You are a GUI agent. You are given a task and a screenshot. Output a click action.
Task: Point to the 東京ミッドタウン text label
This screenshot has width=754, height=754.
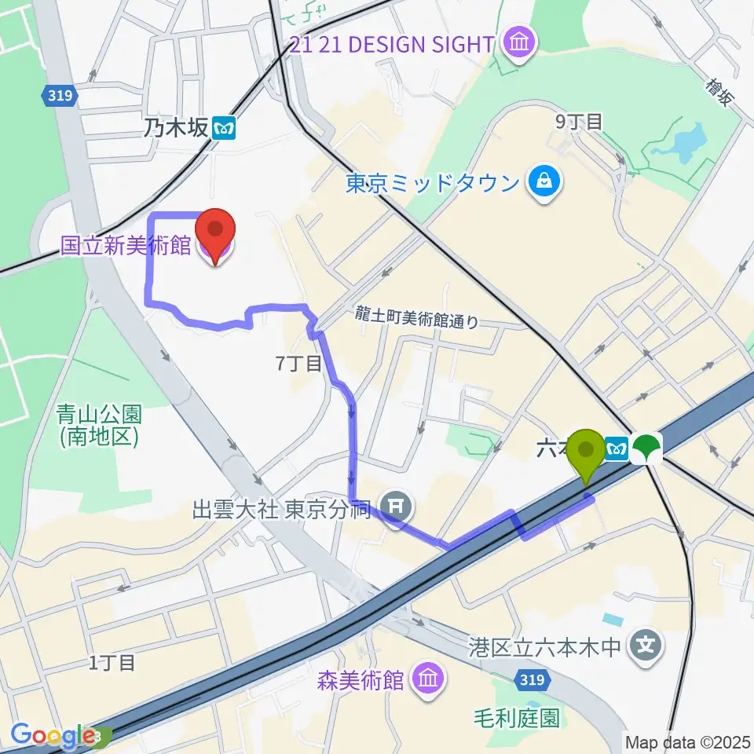coord(433,183)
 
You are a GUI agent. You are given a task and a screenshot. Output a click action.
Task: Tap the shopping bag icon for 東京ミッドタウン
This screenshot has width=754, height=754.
coord(544,182)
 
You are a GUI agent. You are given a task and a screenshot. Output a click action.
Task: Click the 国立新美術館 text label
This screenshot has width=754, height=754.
coord(126,245)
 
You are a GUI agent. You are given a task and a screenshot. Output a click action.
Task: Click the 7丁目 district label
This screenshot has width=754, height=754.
coord(298,364)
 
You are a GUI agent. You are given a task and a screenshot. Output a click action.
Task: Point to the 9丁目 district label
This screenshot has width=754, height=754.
coord(579,121)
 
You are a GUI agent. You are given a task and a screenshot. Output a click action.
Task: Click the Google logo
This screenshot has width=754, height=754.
coord(54,735)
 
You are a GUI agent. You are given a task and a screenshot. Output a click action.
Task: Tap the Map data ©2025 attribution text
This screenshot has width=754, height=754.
coord(687,741)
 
